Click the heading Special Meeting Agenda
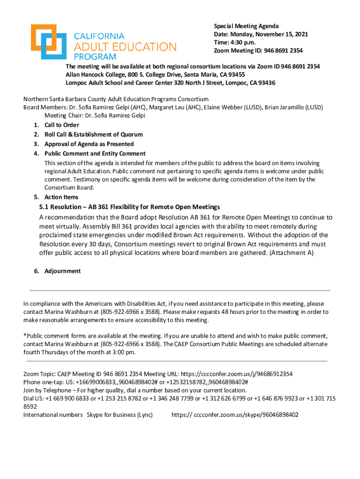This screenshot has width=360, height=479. (246, 26)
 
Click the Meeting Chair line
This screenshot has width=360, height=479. (95, 115)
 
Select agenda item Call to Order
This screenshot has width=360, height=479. (62, 125)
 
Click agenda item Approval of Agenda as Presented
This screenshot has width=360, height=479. (89, 144)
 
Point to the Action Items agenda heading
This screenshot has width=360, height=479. (61, 197)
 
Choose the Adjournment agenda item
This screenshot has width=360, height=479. (63, 271)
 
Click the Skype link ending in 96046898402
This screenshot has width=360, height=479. (235, 414)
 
